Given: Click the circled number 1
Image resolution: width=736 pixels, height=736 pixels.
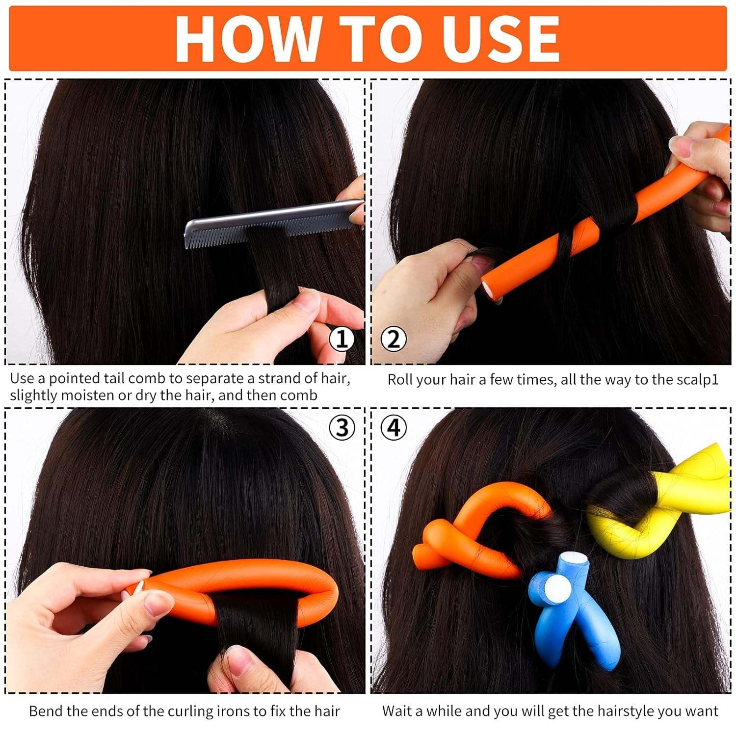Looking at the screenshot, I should [x=342, y=339].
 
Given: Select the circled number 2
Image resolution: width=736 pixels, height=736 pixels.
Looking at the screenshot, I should [x=394, y=339].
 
